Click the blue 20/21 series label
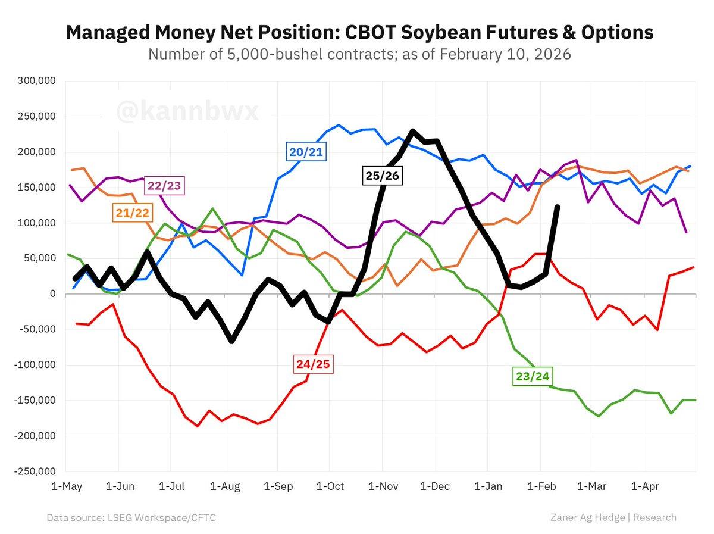[306, 152]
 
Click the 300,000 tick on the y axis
[36, 81]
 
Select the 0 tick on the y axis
[52, 294]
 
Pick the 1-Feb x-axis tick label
[540, 487]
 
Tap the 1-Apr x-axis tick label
[644, 487]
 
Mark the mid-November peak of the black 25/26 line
[413, 131]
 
